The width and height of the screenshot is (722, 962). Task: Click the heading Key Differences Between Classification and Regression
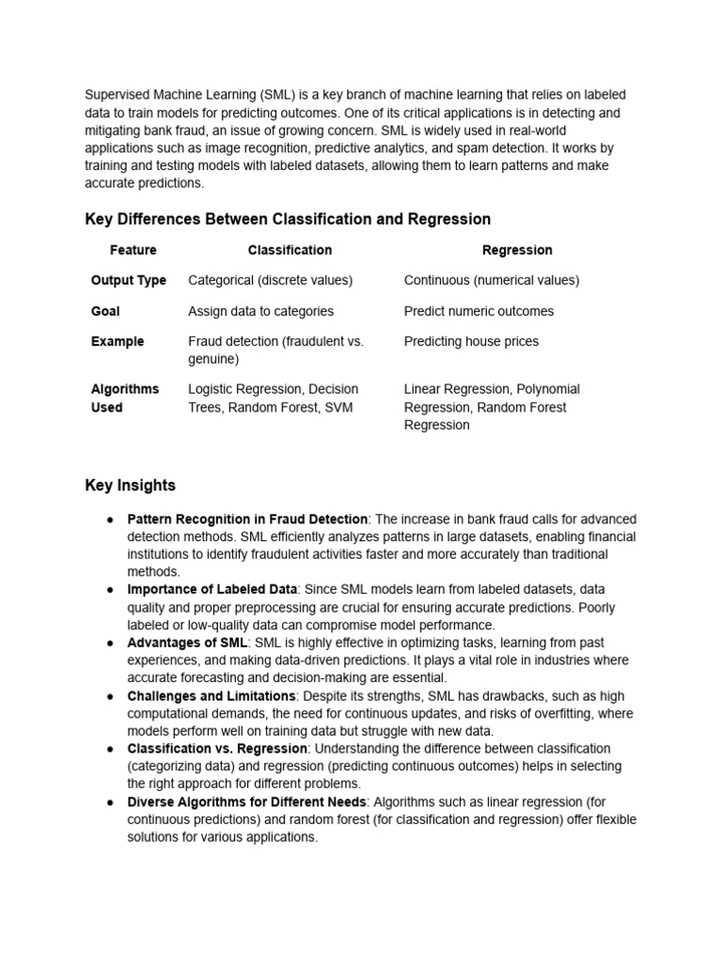click(x=288, y=219)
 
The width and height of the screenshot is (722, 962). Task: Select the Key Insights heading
click(x=130, y=486)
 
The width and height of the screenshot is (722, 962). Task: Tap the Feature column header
click(x=133, y=250)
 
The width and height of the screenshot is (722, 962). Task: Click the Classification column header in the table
click(x=290, y=250)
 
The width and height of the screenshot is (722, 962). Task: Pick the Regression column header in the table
click(x=517, y=250)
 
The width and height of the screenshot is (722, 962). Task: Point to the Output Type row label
click(x=129, y=280)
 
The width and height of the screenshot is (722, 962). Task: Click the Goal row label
click(x=105, y=311)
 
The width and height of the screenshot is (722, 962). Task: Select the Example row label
click(x=118, y=341)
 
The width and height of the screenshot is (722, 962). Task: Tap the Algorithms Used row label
click(x=124, y=398)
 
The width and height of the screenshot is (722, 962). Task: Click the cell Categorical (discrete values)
click(x=271, y=280)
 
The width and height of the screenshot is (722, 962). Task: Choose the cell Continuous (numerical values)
click(x=492, y=280)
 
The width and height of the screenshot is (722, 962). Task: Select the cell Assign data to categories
click(x=260, y=311)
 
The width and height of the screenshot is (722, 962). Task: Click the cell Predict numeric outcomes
click(x=479, y=311)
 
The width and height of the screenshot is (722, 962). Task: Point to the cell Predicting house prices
click(x=471, y=341)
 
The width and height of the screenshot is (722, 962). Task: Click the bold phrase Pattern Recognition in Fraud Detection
click(x=247, y=519)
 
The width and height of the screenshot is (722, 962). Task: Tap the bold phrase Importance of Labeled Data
click(x=212, y=589)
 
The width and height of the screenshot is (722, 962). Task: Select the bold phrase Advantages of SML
click(x=187, y=642)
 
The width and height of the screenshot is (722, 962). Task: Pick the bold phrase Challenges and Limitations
click(x=212, y=695)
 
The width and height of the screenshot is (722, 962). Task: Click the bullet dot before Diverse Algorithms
click(x=110, y=801)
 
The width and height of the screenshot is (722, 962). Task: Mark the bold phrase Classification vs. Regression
click(x=217, y=749)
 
